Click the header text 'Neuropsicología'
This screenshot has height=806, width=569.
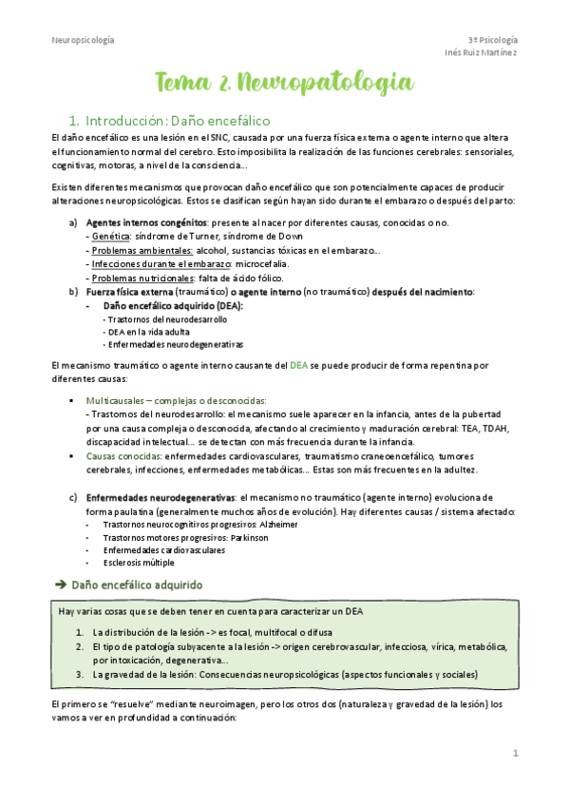point(83,39)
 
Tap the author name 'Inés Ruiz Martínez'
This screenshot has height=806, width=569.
point(481,52)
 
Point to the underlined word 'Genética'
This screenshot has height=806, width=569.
point(110,236)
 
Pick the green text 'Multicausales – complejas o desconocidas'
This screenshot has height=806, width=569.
point(176,401)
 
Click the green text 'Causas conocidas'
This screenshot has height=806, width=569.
point(122,456)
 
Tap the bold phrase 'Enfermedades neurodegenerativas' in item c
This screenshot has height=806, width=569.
point(161,498)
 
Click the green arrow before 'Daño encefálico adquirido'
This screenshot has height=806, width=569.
point(59,584)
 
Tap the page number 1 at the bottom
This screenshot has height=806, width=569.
point(515,754)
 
